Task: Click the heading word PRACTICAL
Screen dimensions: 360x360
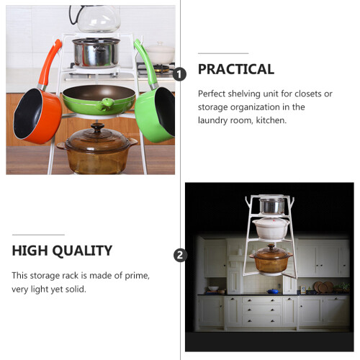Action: click(x=236, y=69)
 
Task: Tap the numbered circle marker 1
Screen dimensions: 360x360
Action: click(x=180, y=74)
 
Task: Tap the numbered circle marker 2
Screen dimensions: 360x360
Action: click(x=180, y=255)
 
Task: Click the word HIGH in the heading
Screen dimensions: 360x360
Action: click(x=30, y=251)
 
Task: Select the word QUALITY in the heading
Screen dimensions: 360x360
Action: click(x=82, y=251)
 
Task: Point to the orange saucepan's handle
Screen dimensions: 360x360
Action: click(x=50, y=63)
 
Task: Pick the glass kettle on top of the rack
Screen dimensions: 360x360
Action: click(x=96, y=19)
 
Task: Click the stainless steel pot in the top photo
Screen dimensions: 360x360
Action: click(x=96, y=53)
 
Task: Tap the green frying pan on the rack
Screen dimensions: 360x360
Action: click(x=99, y=99)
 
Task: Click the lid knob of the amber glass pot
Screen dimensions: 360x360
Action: click(x=97, y=127)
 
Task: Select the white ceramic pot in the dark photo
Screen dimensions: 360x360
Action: click(x=271, y=228)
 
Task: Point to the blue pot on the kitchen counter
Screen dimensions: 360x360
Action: click(x=273, y=291)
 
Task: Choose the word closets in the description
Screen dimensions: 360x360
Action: click(x=308, y=94)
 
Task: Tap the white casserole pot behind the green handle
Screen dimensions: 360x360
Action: click(x=161, y=53)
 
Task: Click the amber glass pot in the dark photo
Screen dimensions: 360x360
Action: click(x=271, y=258)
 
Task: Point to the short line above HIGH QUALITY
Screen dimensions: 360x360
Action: click(x=38, y=235)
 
